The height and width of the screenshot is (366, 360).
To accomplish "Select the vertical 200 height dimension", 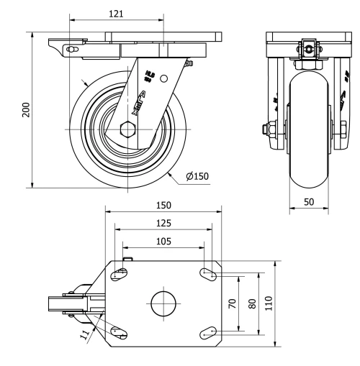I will [x=26, y=109].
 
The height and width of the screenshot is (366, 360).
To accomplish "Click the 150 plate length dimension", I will [x=163, y=205].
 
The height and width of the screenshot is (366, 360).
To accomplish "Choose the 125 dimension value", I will [x=163, y=223].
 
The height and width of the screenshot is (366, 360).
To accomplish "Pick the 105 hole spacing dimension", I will [x=163, y=241].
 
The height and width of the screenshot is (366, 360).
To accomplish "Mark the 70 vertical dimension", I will [x=232, y=303].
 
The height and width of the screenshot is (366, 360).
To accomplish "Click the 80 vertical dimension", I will [x=251, y=303].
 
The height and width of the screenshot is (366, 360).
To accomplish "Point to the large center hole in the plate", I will [x=163, y=303].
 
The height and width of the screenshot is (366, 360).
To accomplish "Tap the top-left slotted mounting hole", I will [x=120, y=273].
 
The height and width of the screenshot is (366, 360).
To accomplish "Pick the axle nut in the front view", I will [x=268, y=130].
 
